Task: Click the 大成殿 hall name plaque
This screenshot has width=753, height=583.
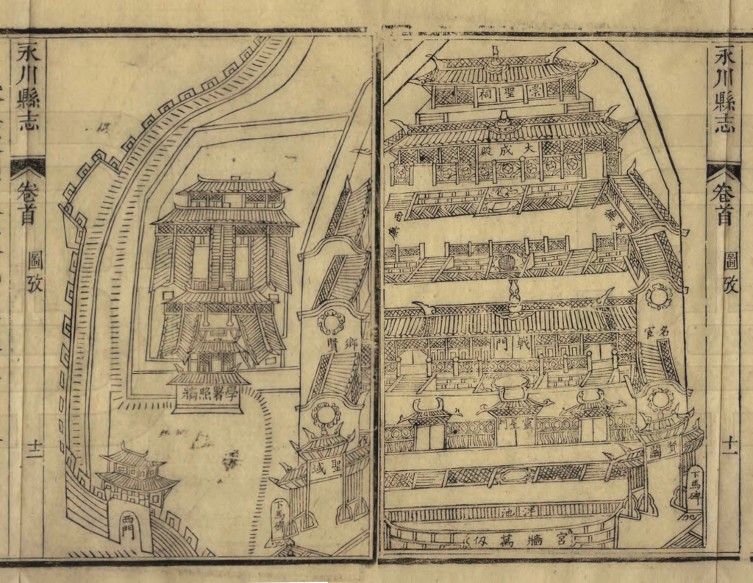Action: click(x=507, y=149)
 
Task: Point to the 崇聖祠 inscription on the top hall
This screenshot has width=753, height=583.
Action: click(x=507, y=94)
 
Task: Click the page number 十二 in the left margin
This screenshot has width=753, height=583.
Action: click(x=32, y=448)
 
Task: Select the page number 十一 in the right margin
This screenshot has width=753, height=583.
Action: click(x=729, y=444)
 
